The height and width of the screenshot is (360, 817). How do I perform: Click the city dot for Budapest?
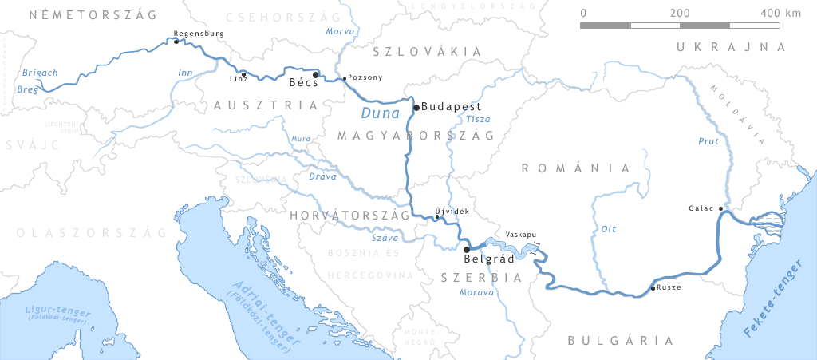[416, 107]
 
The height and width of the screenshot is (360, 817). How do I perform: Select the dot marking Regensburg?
[176, 42]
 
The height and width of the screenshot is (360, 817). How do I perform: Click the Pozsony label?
[366, 78]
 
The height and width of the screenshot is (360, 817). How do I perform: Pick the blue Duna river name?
[380, 113]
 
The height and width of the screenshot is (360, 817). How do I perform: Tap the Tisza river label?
[478, 119]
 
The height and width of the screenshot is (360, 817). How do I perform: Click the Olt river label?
[608, 230]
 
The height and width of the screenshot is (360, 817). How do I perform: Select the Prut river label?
[708, 142]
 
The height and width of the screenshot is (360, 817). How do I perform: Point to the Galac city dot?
[720, 208]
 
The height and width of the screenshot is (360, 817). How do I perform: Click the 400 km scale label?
[780, 13]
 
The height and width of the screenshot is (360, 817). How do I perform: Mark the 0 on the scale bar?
[583, 13]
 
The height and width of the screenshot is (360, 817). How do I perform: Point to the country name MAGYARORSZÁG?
[416, 136]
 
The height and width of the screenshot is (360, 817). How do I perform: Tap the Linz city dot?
[243, 74]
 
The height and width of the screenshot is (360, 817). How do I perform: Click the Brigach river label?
[40, 73]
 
